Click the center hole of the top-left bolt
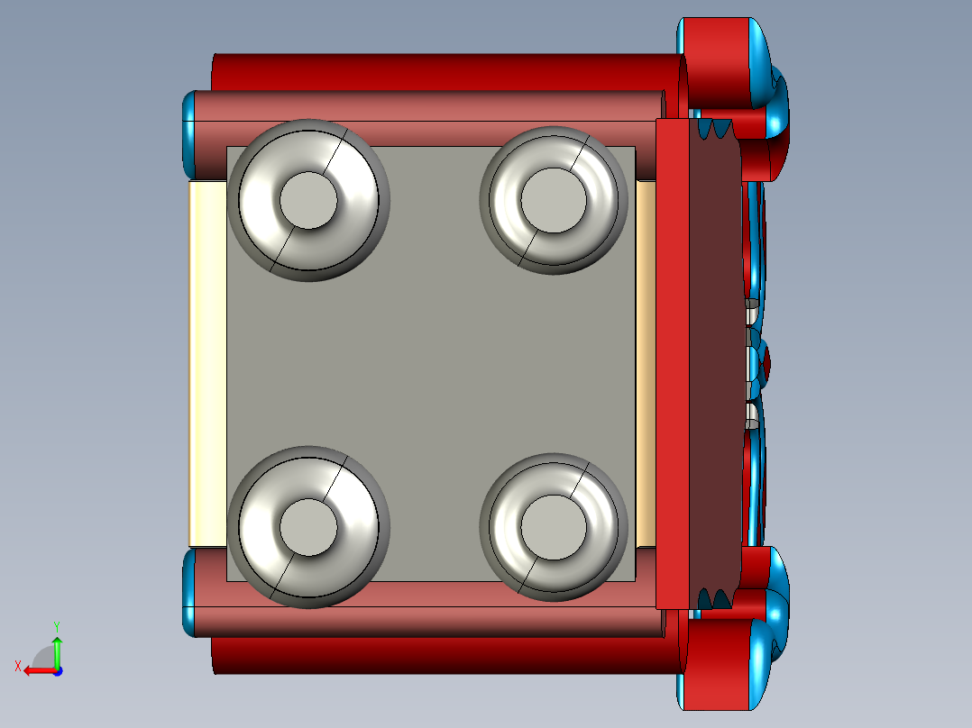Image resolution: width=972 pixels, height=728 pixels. click(x=308, y=200)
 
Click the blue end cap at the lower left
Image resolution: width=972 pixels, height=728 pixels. click(x=188, y=590)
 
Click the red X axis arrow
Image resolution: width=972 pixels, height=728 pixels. click(x=36, y=670)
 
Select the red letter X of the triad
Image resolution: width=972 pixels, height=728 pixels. click(x=17, y=666)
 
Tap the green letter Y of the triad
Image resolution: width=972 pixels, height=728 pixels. click(x=56, y=624)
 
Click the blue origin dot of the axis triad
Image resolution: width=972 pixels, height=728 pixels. click(x=57, y=671)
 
